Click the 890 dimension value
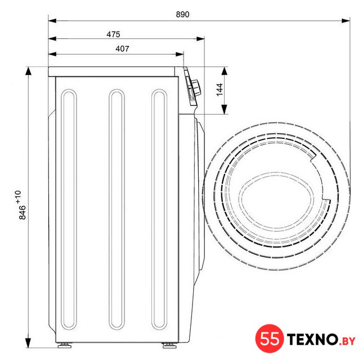182,15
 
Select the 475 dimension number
113,34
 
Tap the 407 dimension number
122,49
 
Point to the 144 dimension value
220,89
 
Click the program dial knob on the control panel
196,87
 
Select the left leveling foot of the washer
65,345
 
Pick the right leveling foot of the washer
169,345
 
